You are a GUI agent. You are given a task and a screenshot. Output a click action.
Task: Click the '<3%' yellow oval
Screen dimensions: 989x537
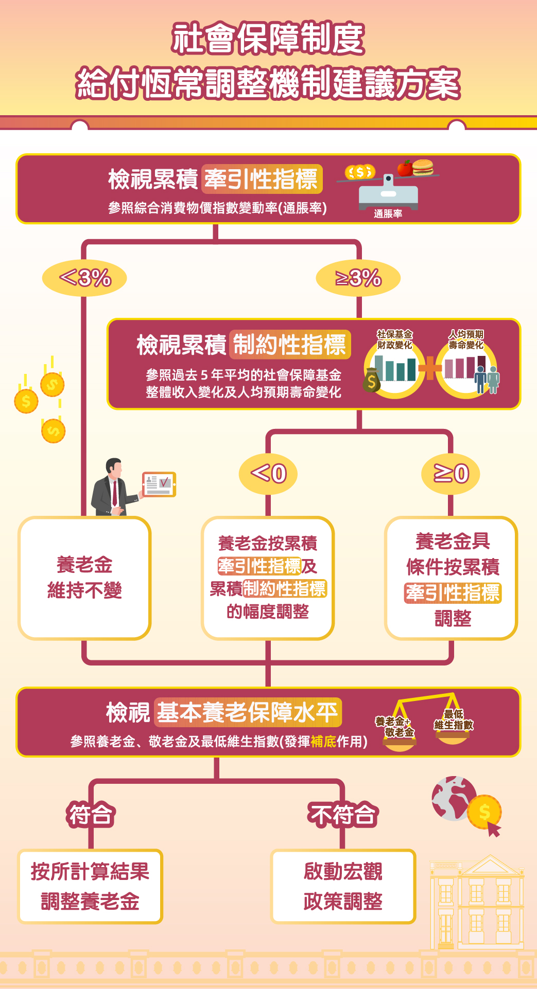[84, 278]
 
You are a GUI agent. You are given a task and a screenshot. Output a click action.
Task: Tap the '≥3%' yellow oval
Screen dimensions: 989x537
[358, 278]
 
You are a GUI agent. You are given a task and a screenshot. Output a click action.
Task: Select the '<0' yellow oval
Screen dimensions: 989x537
[268, 473]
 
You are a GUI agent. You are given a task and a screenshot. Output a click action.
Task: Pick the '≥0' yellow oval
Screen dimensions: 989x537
[451, 473]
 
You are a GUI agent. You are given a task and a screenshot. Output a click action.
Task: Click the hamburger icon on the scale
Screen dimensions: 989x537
[423, 167]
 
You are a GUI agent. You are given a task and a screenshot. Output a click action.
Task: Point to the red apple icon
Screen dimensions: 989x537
[405, 168]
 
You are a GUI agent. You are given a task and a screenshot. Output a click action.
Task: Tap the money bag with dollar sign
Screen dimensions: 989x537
[371, 381]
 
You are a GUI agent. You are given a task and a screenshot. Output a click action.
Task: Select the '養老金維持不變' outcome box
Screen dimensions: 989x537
[84, 578]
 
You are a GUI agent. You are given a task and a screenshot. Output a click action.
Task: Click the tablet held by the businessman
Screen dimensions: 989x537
[159, 484]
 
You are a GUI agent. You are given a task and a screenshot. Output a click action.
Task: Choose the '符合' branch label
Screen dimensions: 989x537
[91, 815]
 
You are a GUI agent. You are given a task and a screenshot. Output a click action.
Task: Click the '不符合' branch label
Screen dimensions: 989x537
[343, 815]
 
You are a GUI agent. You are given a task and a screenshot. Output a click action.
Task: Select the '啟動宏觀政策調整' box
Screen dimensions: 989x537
[343, 886]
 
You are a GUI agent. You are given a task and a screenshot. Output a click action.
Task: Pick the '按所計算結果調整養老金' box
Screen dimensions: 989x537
[90, 886]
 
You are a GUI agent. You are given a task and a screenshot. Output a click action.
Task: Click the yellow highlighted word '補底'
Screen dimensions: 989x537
[323, 741]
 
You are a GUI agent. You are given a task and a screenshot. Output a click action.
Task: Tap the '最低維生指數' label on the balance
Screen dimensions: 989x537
[453, 720]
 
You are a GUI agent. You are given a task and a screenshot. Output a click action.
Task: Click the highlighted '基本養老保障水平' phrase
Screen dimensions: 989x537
[248, 712]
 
